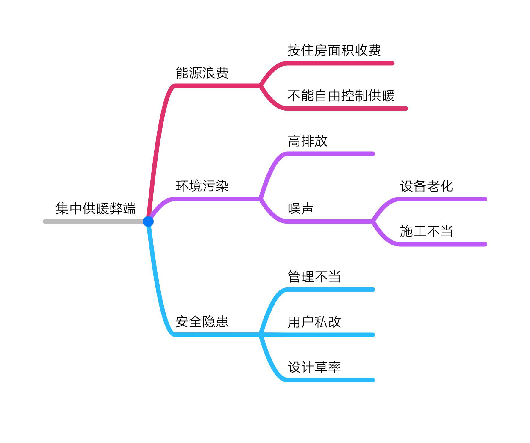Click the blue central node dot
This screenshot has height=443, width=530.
click(x=148, y=221)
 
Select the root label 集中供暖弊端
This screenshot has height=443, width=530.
click(x=96, y=208)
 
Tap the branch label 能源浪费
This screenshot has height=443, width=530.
click(x=202, y=73)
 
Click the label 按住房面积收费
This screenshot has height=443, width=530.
click(x=334, y=50)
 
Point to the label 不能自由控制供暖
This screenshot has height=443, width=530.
click(x=341, y=96)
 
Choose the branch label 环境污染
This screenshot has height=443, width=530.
click(x=202, y=186)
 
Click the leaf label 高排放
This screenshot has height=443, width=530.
click(x=308, y=141)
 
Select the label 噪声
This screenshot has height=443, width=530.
click(x=301, y=209)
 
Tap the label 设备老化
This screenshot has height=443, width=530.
click(x=426, y=186)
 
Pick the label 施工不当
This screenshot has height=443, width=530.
click(x=426, y=231)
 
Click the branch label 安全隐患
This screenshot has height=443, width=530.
click(x=202, y=322)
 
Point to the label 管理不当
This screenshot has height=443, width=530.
click(x=314, y=277)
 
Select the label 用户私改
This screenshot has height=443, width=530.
click(x=314, y=322)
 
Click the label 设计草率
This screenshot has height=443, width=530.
click(x=314, y=367)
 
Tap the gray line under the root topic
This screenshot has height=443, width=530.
click(x=93, y=221)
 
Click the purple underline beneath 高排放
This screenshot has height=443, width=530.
click(x=329, y=154)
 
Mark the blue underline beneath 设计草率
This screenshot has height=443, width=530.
click(x=329, y=380)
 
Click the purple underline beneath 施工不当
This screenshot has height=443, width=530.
click(x=442, y=244)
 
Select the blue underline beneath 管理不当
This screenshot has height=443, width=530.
click(x=329, y=290)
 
